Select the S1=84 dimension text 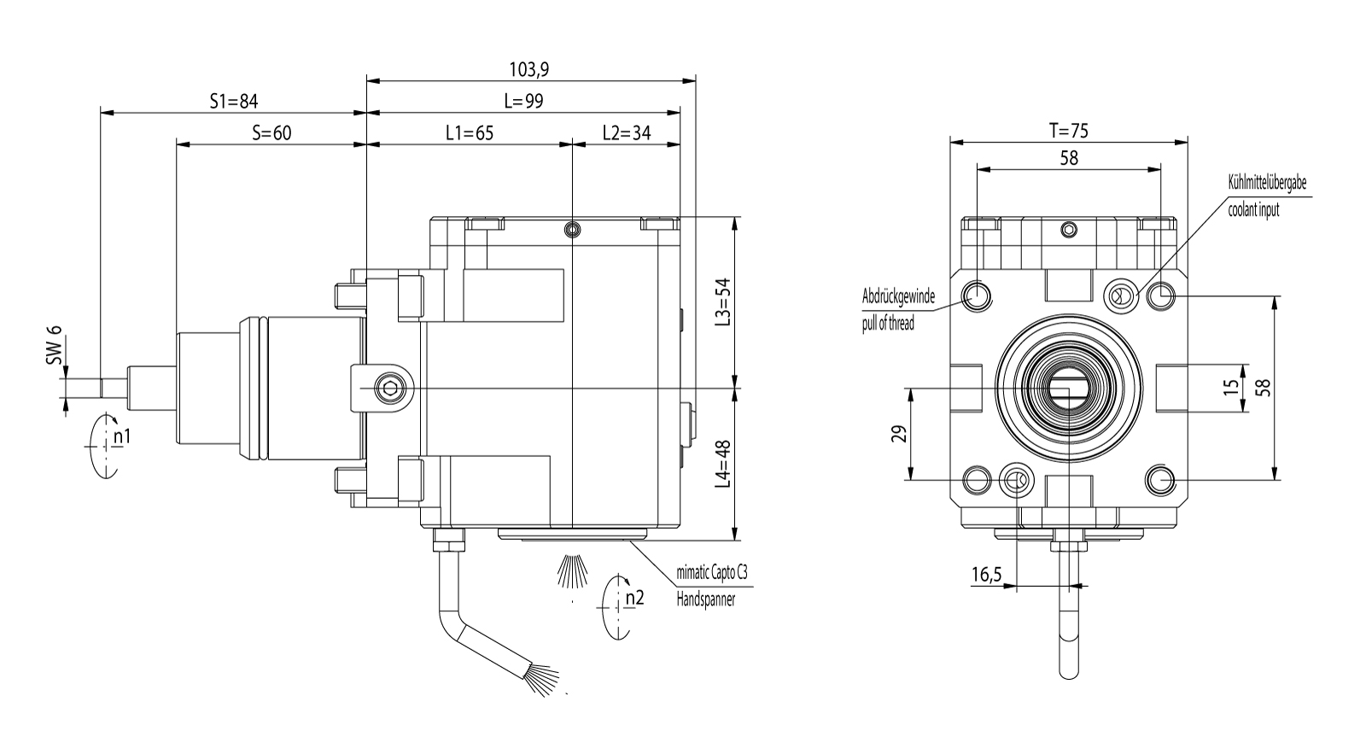coord(233,101)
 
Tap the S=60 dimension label coord(271,132)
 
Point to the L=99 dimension coord(523,101)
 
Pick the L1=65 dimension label coord(470,132)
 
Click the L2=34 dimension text coord(627,132)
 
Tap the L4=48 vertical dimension coord(724,463)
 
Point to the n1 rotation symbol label coord(121,437)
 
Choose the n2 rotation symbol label coord(633,598)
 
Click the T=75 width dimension coord(1068,130)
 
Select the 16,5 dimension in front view coord(985,575)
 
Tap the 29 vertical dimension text coord(897,434)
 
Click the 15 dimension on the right coord(1230,386)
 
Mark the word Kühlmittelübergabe coord(1267,183)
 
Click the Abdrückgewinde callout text coord(898,297)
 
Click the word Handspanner coord(705,600)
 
